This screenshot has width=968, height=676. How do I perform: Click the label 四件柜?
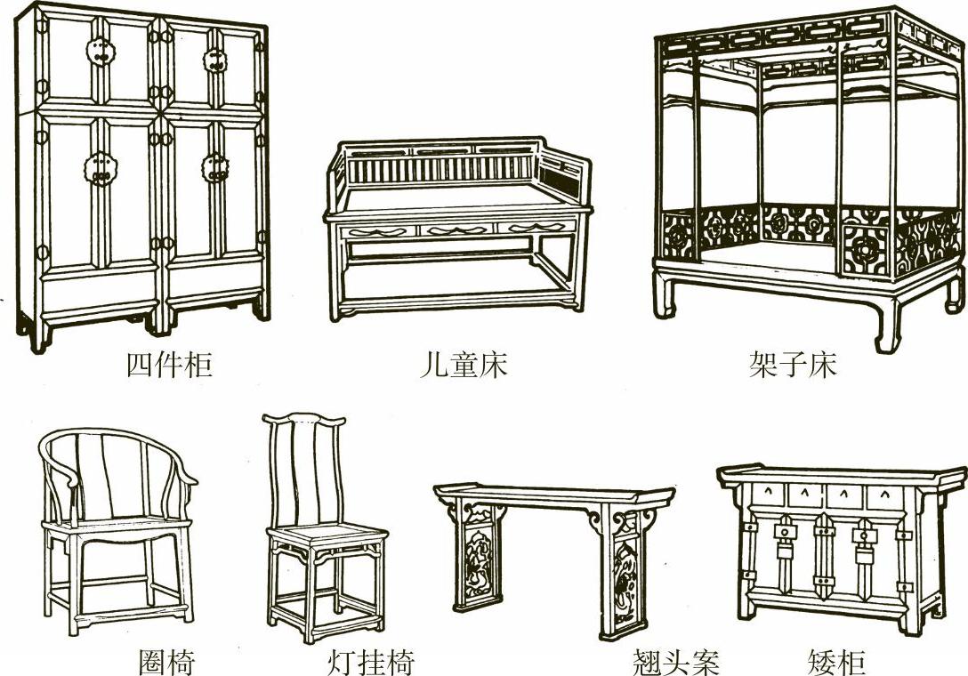[169, 366]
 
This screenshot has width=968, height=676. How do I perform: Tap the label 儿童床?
[463, 366]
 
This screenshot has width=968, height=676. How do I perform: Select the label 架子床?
[794, 366]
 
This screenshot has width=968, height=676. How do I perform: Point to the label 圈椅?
[166, 662]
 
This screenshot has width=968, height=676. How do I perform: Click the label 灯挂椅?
[371, 662]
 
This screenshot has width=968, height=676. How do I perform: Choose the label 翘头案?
[675, 662]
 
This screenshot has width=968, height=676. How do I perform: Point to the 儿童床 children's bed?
[458, 227]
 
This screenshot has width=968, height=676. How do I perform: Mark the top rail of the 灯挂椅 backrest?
[303, 418]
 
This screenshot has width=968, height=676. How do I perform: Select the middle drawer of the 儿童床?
[457, 230]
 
